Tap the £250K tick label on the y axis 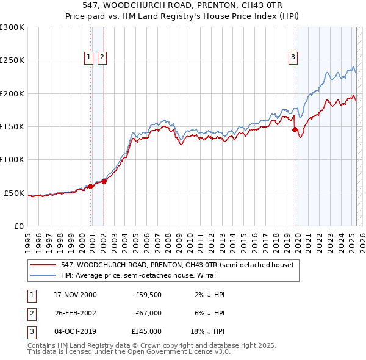(12, 60)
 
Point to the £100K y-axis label (12, 160)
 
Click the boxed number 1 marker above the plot (89, 57)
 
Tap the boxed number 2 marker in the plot (102, 57)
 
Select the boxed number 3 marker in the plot (293, 57)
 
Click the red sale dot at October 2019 (295, 129)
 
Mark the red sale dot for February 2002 (104, 181)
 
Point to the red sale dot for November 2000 (91, 186)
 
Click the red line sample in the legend (43, 265)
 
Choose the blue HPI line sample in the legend (43, 275)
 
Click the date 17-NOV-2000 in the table (76, 295)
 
